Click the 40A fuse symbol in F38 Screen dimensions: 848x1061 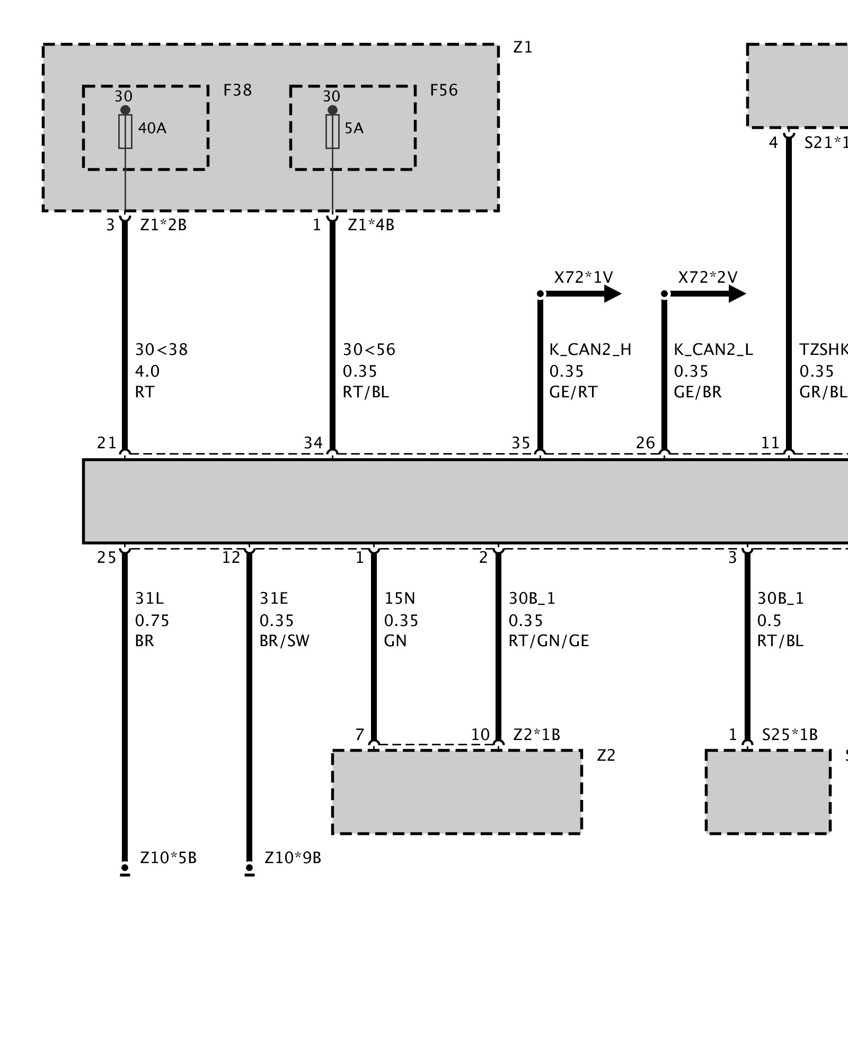point(125,131)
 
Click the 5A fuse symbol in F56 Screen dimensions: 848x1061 point(332,131)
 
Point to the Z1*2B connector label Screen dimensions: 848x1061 point(163,225)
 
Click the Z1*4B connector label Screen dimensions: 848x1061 point(371,225)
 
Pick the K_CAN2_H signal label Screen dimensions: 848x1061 point(590,350)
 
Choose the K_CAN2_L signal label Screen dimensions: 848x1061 point(713,350)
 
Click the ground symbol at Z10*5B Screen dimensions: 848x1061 point(125,870)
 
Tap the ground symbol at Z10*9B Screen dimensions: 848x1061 point(250,870)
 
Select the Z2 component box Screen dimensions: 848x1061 point(457,792)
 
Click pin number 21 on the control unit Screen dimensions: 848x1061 point(107,442)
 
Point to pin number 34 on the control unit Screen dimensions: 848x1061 point(313,442)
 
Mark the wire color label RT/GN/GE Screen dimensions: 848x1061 point(549,641)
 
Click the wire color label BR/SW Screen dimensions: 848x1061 point(284,641)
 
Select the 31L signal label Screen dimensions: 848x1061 point(149,598)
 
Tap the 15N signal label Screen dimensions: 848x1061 point(400,598)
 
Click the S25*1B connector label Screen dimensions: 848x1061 point(790,735)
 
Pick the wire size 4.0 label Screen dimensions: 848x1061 point(147,371)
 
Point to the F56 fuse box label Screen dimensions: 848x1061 point(444,90)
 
